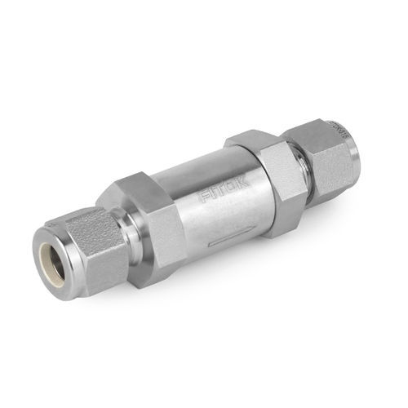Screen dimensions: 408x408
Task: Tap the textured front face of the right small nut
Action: pos(335,163)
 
